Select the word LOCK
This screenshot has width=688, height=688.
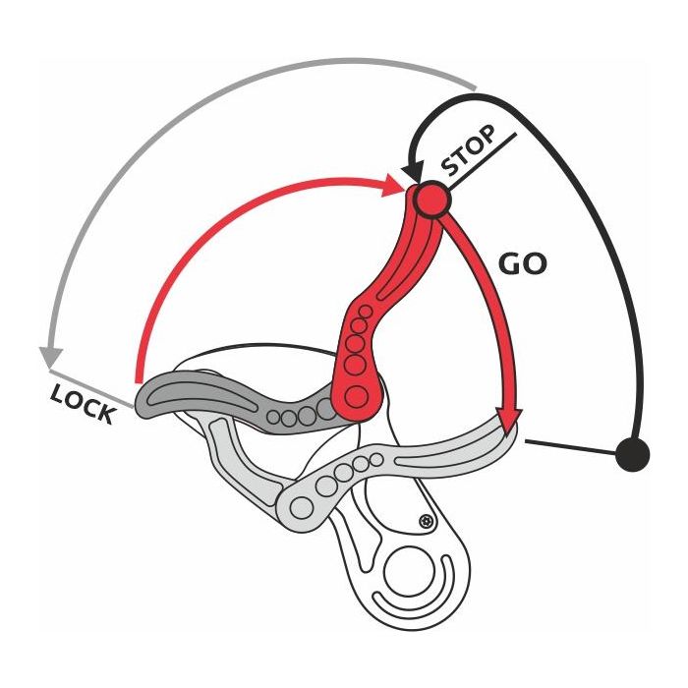(x=83, y=402)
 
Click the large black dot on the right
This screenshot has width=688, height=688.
(x=633, y=454)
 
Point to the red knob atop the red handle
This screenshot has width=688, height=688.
(x=430, y=200)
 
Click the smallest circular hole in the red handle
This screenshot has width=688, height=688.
(x=365, y=312)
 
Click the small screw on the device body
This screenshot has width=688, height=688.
(x=426, y=520)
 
